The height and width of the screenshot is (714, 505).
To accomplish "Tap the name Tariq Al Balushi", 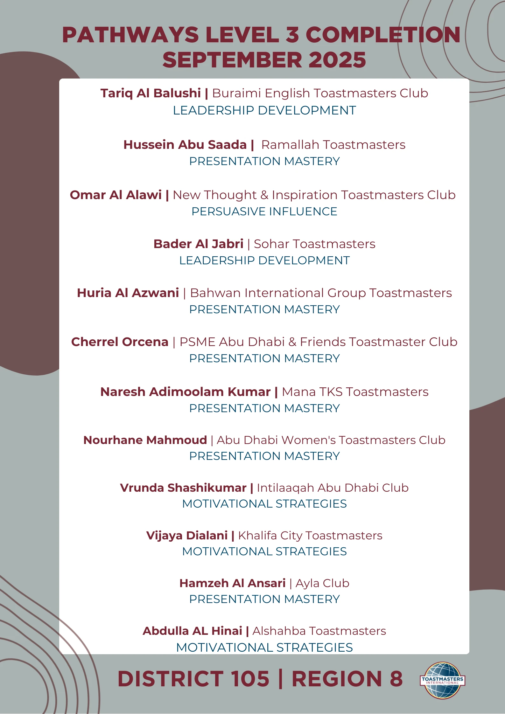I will [151, 93].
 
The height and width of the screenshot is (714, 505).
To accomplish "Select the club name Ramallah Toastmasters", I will [333, 145].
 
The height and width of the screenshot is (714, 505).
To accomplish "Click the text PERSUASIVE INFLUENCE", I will [264, 211].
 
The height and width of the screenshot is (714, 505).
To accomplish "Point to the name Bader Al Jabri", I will [198, 244].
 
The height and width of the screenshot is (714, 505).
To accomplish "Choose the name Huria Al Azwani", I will [128, 293].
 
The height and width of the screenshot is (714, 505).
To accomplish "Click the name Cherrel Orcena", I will [120, 342].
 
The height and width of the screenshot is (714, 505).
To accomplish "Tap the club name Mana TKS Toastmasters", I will [355, 392].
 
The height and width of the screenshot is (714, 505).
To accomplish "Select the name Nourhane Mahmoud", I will [145, 440].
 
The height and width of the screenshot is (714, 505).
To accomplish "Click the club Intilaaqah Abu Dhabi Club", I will [333, 488].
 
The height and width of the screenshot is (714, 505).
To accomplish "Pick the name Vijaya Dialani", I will [187, 536].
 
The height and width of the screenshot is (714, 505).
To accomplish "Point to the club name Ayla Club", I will [322, 583].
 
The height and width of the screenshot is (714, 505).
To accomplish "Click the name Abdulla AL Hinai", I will [192, 631].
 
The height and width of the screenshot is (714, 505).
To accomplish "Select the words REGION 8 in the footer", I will [347, 679].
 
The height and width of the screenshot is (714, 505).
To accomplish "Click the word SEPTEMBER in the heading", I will [232, 60].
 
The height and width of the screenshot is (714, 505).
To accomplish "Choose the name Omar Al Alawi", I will [116, 195].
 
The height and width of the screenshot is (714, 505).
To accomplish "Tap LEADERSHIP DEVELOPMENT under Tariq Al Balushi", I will [264, 110].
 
